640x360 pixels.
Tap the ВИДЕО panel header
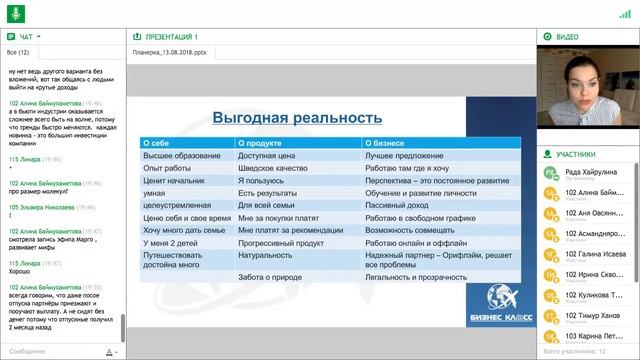click(568, 36)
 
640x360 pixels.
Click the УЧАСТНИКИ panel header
click(577, 155)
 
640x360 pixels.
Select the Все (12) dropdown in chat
click(19, 52)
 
